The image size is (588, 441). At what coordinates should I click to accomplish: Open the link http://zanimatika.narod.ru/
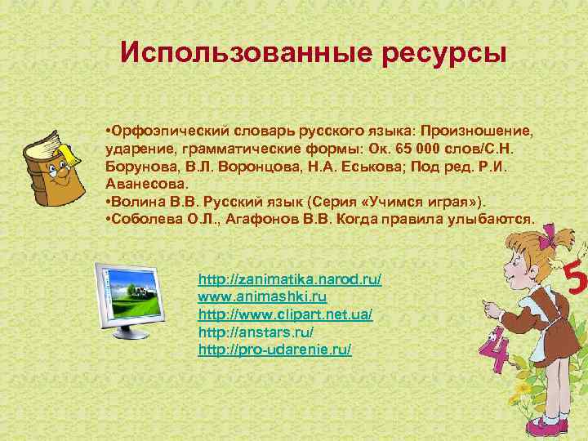tap(289, 279)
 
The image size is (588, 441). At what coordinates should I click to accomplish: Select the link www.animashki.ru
tap(262, 296)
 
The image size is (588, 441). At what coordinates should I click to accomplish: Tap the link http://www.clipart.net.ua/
tap(285, 314)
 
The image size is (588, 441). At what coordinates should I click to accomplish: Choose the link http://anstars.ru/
tap(256, 332)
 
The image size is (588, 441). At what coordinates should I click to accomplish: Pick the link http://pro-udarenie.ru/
tap(274, 350)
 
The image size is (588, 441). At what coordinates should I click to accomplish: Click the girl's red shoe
tap(543, 426)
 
